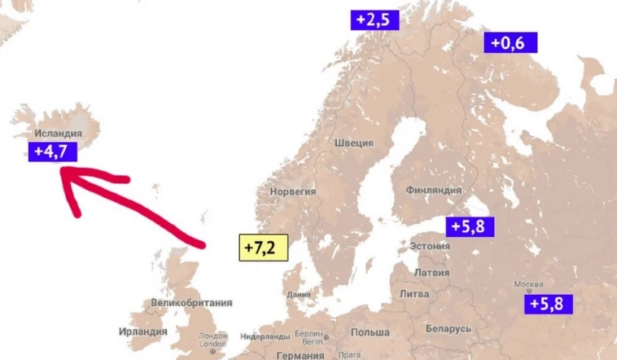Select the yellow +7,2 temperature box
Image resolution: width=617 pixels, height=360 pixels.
click(x=264, y=247)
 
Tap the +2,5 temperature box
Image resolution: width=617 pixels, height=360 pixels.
click(x=375, y=20)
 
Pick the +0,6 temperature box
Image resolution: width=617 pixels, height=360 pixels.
click(x=510, y=43)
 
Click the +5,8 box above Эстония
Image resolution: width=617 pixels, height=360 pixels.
click(x=470, y=226)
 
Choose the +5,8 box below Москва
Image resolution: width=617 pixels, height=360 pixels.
click(x=550, y=304)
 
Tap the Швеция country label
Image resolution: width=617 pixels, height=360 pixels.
click(x=354, y=143)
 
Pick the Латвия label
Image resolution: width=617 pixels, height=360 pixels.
click(x=432, y=272)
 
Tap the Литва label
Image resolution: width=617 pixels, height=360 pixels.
click(x=414, y=293)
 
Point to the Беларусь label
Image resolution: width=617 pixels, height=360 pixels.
click(x=448, y=328)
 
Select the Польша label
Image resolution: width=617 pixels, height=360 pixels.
click(x=370, y=332)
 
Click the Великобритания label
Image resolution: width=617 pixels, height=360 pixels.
click(x=186, y=303)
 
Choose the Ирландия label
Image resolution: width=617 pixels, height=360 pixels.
click(x=142, y=331)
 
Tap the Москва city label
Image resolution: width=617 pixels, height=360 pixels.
click(x=528, y=285)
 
